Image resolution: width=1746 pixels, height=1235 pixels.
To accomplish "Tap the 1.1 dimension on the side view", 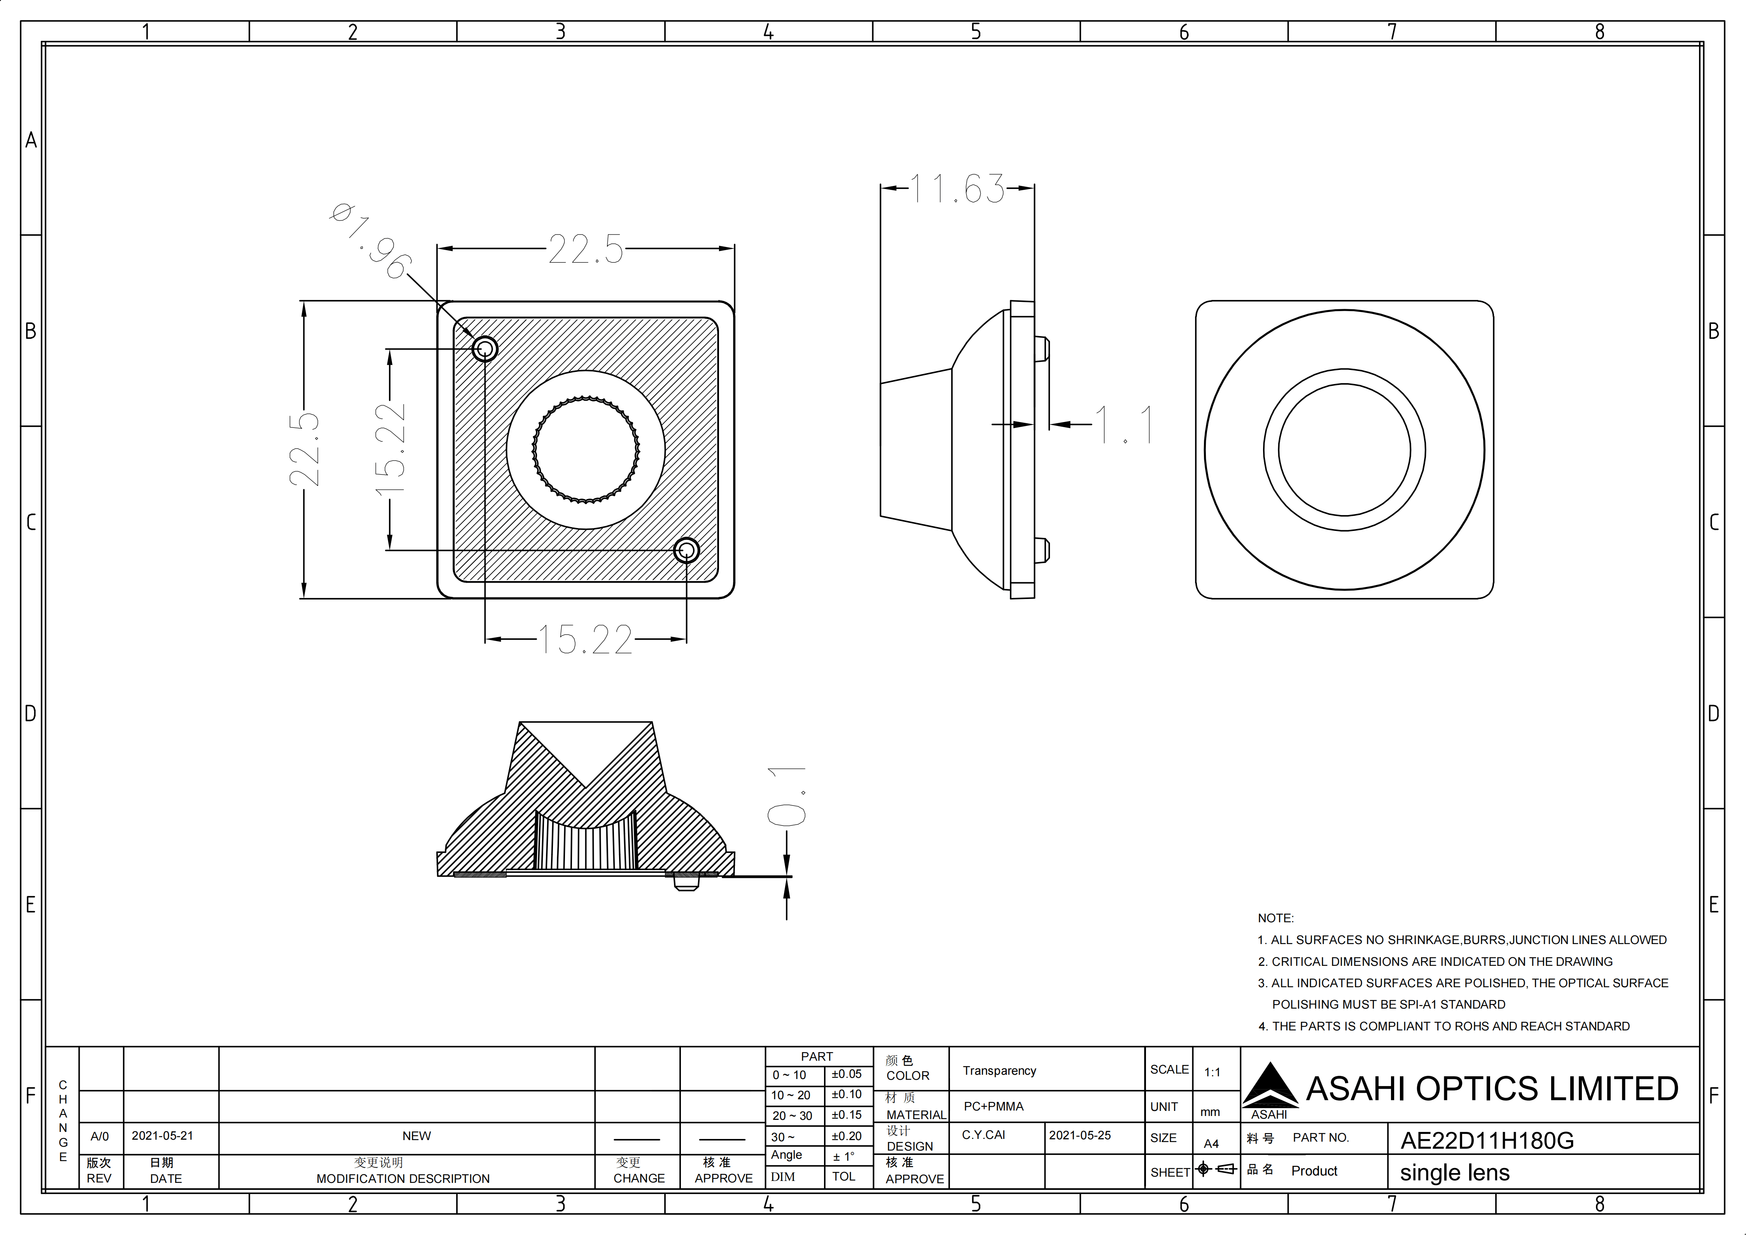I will (1124, 424).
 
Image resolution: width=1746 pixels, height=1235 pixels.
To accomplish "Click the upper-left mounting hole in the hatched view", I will (485, 349).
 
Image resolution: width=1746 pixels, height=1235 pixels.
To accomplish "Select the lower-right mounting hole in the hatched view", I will (687, 550).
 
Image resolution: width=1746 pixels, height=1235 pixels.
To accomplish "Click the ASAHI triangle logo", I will (1270, 1086).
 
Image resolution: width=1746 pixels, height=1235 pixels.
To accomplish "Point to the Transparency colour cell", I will (999, 1071).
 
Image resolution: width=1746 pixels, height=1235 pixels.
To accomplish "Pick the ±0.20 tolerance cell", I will (847, 1136).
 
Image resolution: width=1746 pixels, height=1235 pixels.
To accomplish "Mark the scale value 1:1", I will (1212, 1072).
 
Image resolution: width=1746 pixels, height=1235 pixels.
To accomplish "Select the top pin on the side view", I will (1042, 349).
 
